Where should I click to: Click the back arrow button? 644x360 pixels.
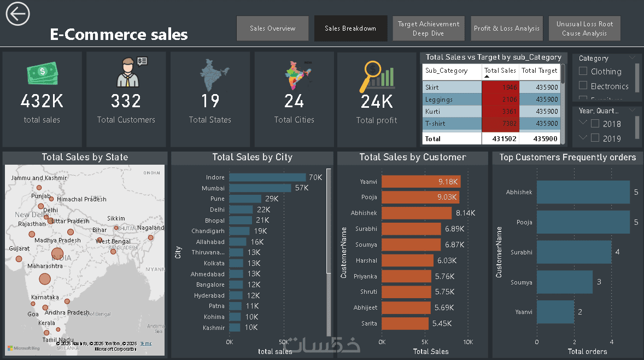(x=17, y=13)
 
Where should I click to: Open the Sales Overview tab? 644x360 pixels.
(x=273, y=28)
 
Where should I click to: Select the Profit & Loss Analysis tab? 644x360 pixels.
(x=507, y=28)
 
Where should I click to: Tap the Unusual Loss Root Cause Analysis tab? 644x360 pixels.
(x=584, y=28)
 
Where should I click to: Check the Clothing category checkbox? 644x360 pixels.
(x=583, y=71)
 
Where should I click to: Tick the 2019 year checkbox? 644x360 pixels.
(x=595, y=138)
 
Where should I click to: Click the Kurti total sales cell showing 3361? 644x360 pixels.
(x=500, y=112)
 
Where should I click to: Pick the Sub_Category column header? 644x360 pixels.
(x=447, y=71)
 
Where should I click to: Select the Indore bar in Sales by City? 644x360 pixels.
(x=267, y=177)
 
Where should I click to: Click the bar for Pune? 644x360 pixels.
(x=245, y=199)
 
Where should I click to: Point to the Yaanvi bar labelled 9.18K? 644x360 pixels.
(x=421, y=182)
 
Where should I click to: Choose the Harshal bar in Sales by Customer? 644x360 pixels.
(x=407, y=261)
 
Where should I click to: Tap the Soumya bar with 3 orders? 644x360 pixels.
(x=564, y=282)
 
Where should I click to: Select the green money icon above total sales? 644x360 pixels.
(x=42, y=74)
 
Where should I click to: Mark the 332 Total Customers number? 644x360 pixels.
(x=126, y=101)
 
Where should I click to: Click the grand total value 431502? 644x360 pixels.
(x=500, y=139)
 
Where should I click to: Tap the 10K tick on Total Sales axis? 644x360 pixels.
(x=468, y=342)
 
